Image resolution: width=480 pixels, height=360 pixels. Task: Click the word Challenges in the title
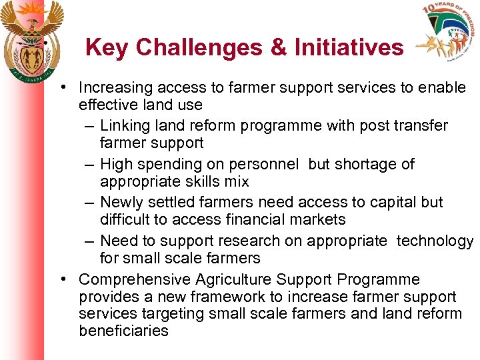click(204, 48)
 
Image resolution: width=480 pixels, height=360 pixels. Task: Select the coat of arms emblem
click(32, 39)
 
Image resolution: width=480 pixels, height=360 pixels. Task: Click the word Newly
click(121, 203)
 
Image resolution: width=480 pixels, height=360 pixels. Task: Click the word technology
click(435, 241)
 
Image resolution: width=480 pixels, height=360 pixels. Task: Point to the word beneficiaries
click(123, 331)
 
